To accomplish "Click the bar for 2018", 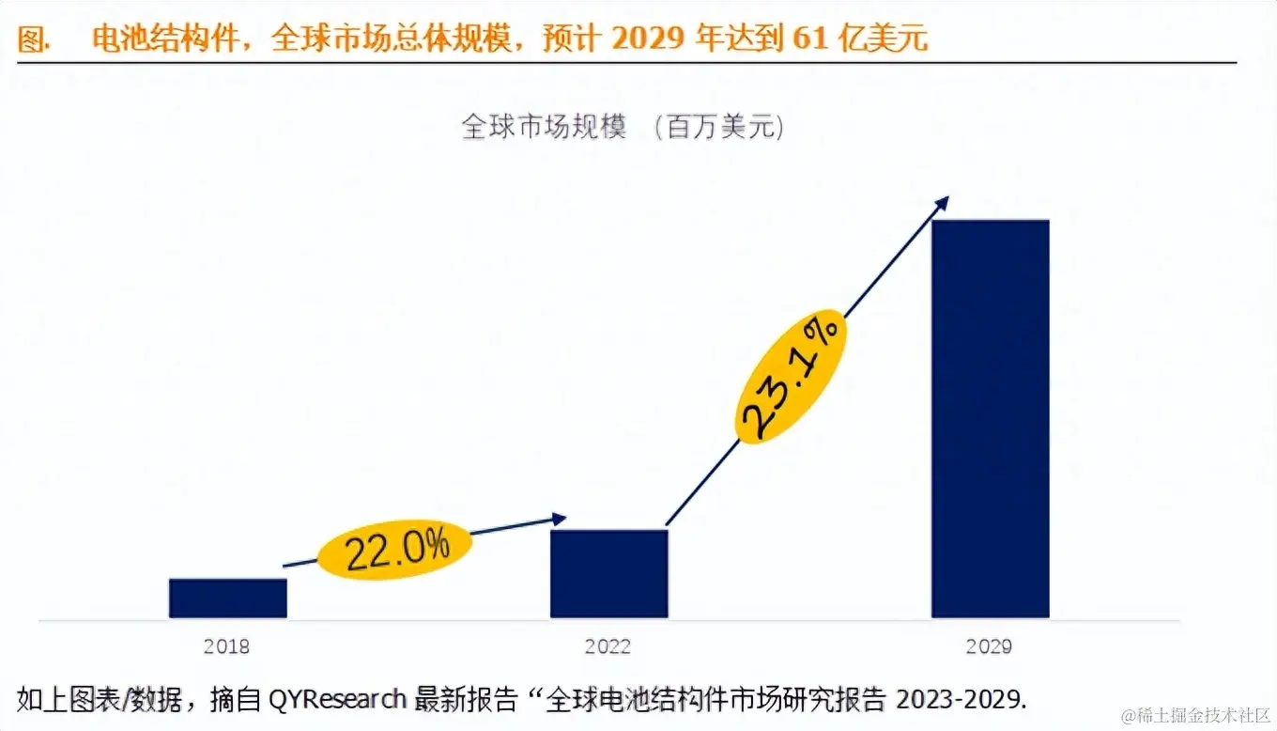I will click(228, 599).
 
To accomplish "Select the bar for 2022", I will click(608, 573).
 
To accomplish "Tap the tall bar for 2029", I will click(990, 418).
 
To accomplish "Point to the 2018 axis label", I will click(226, 647).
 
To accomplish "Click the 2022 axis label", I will click(608, 647).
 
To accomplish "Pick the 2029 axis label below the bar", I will click(989, 647).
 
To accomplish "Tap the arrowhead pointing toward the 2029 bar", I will click(942, 203).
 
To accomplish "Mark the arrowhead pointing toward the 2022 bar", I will click(560, 519).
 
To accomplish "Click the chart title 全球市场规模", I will click(544, 127).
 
